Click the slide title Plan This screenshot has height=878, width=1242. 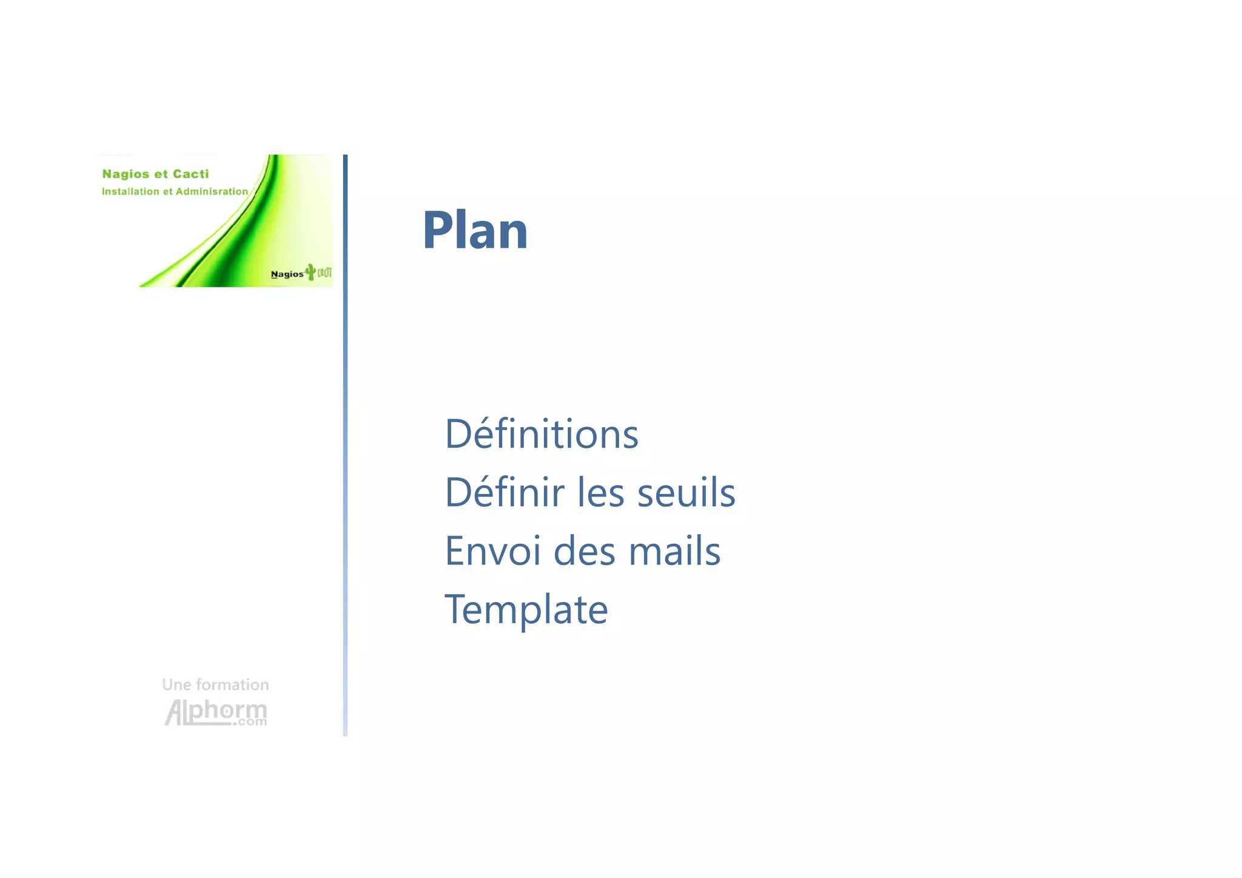click(x=475, y=230)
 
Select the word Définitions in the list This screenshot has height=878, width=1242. click(x=542, y=434)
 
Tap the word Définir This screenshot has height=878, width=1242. click(x=505, y=492)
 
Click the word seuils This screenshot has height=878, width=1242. click(x=686, y=492)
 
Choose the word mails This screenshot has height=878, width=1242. click(x=674, y=551)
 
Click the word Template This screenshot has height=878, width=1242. click(x=526, y=610)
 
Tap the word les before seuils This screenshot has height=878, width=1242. click(x=600, y=492)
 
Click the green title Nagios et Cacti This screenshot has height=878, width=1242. click(x=155, y=174)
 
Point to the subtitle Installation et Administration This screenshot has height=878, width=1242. click(x=175, y=192)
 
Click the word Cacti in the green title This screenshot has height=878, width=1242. click(x=190, y=174)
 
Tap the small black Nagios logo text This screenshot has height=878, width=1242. click(x=287, y=274)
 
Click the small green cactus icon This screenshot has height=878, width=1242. click(x=310, y=272)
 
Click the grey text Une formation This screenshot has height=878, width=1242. click(x=215, y=685)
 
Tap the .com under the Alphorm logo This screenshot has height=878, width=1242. click(x=251, y=722)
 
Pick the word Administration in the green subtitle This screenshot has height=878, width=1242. click(x=212, y=192)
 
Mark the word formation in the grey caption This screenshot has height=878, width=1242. click(x=232, y=685)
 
